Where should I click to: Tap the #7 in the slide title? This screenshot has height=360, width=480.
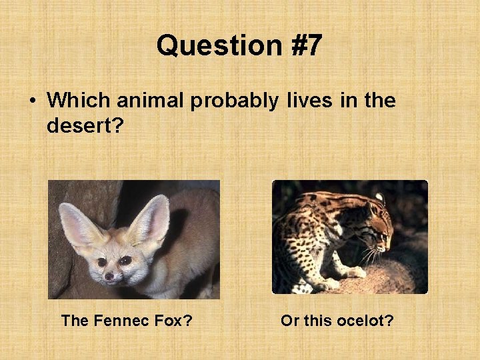(x=301, y=46)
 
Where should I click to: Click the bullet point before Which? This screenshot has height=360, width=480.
(x=32, y=101)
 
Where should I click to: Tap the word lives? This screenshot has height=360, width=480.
(x=306, y=101)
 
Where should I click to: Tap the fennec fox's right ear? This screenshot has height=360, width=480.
(x=150, y=220)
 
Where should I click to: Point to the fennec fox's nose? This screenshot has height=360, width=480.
(x=109, y=275)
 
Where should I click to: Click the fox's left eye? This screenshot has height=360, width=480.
(x=102, y=262)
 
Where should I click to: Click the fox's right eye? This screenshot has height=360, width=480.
(x=126, y=260)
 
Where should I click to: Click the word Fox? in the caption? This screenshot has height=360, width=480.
(x=172, y=321)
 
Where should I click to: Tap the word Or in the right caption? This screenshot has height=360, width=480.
(x=290, y=321)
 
